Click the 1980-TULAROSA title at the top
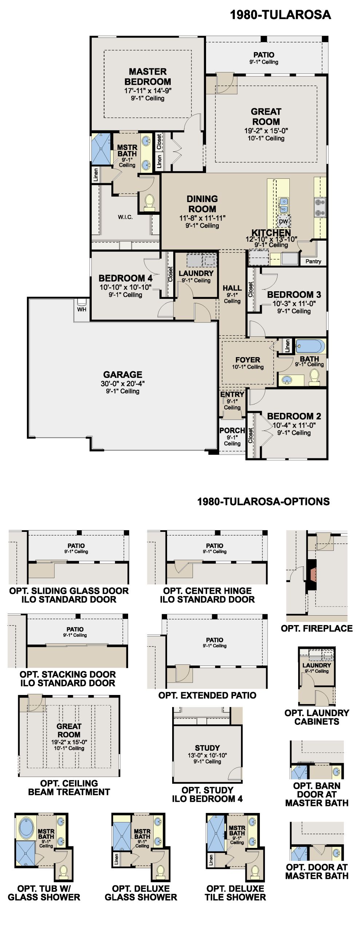pos(280,15)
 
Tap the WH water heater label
pos(82,309)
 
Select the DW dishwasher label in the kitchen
pos(283,221)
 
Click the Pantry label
pos(313,261)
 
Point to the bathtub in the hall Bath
pos(310,346)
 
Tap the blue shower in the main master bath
pos(100,149)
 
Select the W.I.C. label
pos(125,217)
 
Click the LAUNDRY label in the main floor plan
pos(196,273)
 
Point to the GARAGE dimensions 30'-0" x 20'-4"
pos(123,383)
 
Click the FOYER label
pos(248,360)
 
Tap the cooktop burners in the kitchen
pos(320,207)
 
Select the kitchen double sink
pos(284,206)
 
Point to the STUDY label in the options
pos(207,748)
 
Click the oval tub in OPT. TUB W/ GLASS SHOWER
pos(26,829)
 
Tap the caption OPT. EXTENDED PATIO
pos(207,695)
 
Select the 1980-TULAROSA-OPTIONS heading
pos(263,502)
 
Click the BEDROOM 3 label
pos(294,295)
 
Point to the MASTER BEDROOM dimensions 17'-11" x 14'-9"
pos(148,91)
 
